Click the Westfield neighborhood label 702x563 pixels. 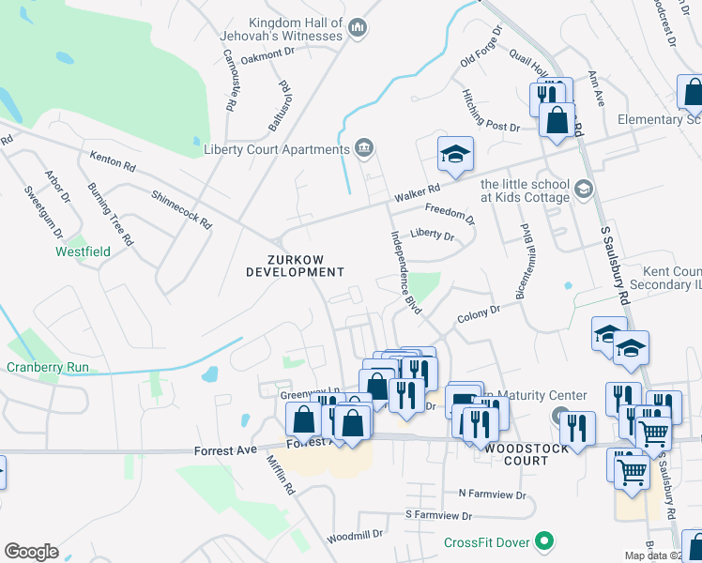tap(83, 251)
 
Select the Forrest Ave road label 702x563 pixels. tap(225, 450)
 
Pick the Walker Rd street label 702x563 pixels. tap(417, 193)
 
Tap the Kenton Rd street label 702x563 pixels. tap(113, 161)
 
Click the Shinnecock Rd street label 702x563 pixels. tap(181, 208)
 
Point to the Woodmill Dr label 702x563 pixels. tap(355, 536)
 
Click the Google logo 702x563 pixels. tap(32, 551)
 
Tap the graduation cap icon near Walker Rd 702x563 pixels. tap(455, 154)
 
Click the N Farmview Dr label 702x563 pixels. tap(493, 493)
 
